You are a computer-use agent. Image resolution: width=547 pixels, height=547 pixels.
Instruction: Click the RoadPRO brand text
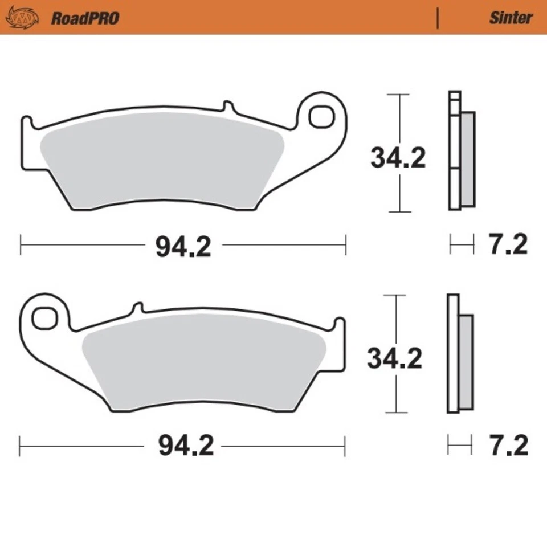85,18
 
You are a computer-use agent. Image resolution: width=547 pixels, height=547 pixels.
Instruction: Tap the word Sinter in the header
511,18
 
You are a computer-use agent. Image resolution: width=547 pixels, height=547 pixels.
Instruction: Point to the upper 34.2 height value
398,158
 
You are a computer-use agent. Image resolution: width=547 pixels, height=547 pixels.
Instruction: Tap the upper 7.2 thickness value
508,245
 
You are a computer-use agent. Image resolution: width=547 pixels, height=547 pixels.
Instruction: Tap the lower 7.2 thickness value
508,446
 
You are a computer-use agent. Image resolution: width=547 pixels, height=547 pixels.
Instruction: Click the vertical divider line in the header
438,18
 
